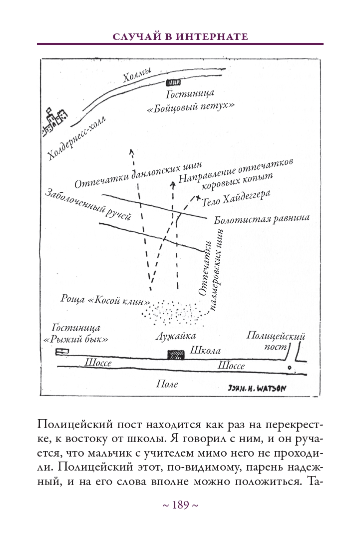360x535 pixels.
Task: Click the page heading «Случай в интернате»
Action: click(x=180, y=36)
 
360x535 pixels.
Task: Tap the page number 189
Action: click(x=180, y=505)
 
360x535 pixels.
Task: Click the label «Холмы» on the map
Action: click(x=136, y=77)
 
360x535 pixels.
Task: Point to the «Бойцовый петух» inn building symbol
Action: click(x=173, y=81)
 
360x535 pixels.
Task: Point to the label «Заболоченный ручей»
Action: click(x=87, y=204)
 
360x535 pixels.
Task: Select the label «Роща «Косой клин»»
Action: click(x=106, y=301)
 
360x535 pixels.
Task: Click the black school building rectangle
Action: click(x=176, y=354)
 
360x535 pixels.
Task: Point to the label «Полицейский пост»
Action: click(x=276, y=340)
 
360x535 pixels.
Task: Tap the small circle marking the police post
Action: click(x=289, y=368)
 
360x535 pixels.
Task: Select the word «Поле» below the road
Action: click(x=167, y=384)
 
